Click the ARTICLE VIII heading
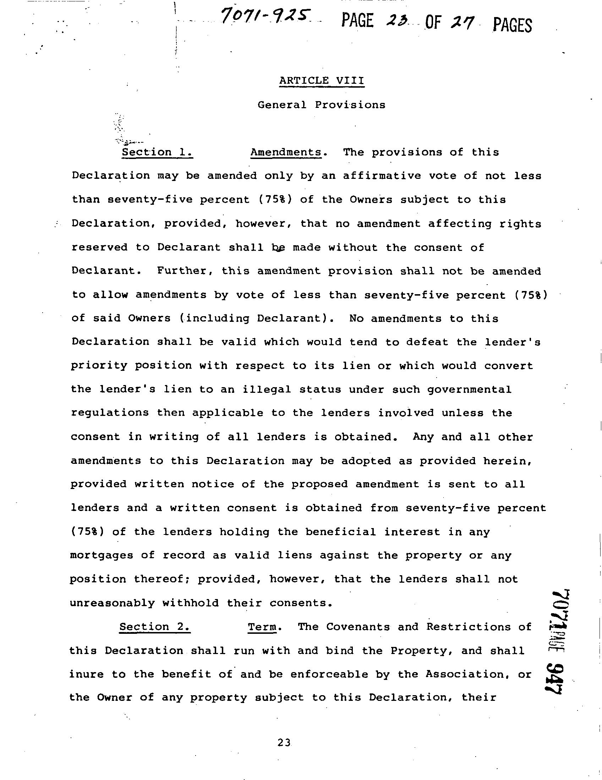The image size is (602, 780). [322, 81]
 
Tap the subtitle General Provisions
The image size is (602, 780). [322, 105]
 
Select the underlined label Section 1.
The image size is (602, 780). [157, 152]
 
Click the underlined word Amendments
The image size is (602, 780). [286, 152]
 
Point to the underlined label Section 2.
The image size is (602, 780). [155, 627]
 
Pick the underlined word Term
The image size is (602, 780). [263, 627]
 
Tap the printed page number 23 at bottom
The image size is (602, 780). [284, 742]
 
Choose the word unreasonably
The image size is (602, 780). [112, 603]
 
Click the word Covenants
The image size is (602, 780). [358, 627]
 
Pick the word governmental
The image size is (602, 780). [470, 389]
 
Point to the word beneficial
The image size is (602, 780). [340, 532]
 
